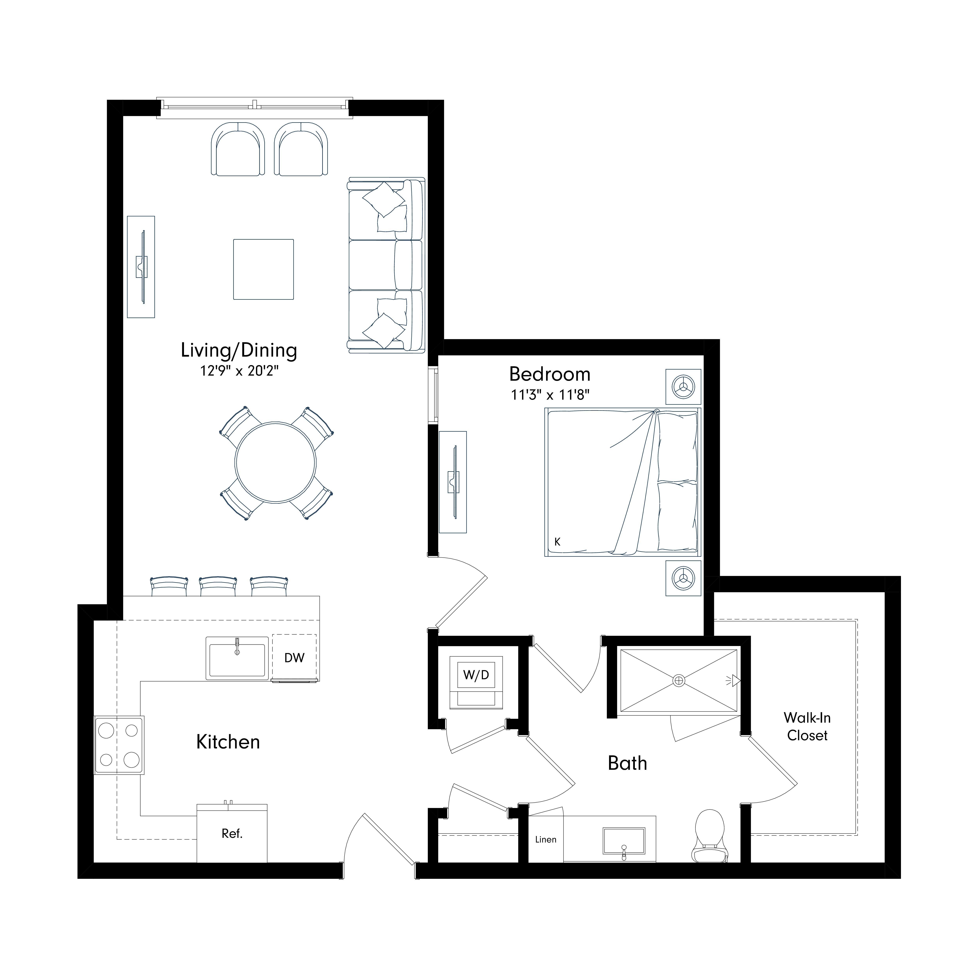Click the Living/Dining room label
click(239, 350)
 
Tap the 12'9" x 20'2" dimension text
click(240, 371)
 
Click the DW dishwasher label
click(294, 658)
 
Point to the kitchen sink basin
click(237, 659)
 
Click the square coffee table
click(263, 269)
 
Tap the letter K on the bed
click(557, 542)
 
